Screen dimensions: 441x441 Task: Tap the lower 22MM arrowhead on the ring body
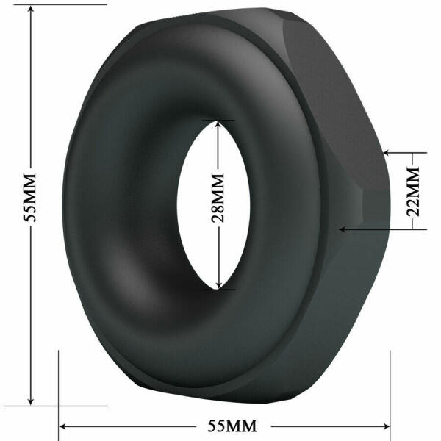pyautogui.click(x=342, y=229)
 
